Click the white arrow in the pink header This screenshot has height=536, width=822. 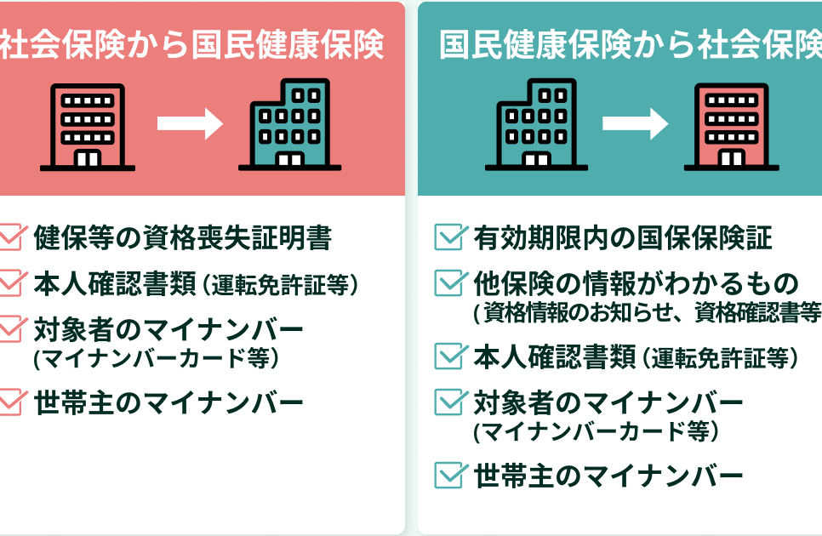pos(189,124)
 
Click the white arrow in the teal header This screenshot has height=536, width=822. pos(635,124)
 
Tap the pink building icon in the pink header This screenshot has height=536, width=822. pos(88,126)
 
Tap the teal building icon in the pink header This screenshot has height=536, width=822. pos(290,125)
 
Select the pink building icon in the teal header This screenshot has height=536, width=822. pos(732,126)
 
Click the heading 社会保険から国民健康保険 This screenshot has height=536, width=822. pos(192,45)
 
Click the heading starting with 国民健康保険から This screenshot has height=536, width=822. pos(630,45)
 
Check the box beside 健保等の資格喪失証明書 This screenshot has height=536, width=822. pos(10,237)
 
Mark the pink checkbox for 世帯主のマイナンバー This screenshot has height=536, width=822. pos(10,402)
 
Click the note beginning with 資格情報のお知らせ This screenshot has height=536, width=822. pos(647,313)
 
